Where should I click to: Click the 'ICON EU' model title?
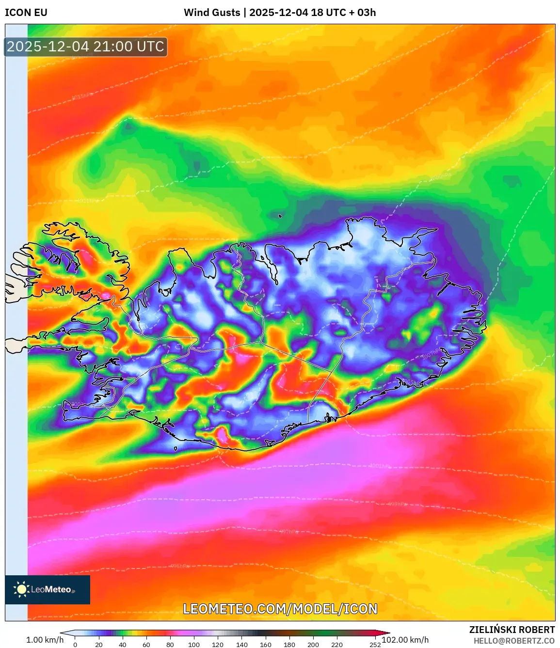click(26, 13)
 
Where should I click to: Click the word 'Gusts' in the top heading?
click(225, 13)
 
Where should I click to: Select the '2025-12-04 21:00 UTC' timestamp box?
click(85, 47)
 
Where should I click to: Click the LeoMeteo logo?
click(48, 589)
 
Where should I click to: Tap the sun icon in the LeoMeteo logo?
click(22, 589)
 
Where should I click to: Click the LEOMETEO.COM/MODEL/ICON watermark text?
click(280, 609)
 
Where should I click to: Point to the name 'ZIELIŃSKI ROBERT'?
click(512, 630)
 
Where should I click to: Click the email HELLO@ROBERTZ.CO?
click(514, 641)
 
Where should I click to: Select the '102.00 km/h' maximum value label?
click(405, 640)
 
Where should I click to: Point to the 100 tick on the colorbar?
click(193, 645)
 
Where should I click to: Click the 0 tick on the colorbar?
click(75, 645)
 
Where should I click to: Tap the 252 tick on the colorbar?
click(375, 645)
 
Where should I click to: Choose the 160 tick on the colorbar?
click(265, 645)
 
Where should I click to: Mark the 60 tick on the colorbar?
click(146, 645)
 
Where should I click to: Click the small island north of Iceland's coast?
click(280, 216)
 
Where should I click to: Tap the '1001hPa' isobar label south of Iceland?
click(380, 466)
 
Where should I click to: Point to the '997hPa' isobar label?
click(289, 532)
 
